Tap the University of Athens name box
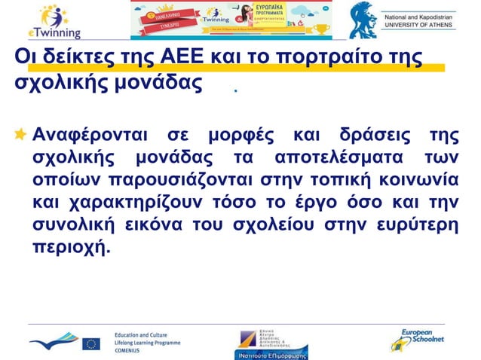(x=428, y=21)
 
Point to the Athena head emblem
(x=363, y=20)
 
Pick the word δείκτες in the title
(x=70, y=58)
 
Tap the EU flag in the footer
(x=91, y=343)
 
